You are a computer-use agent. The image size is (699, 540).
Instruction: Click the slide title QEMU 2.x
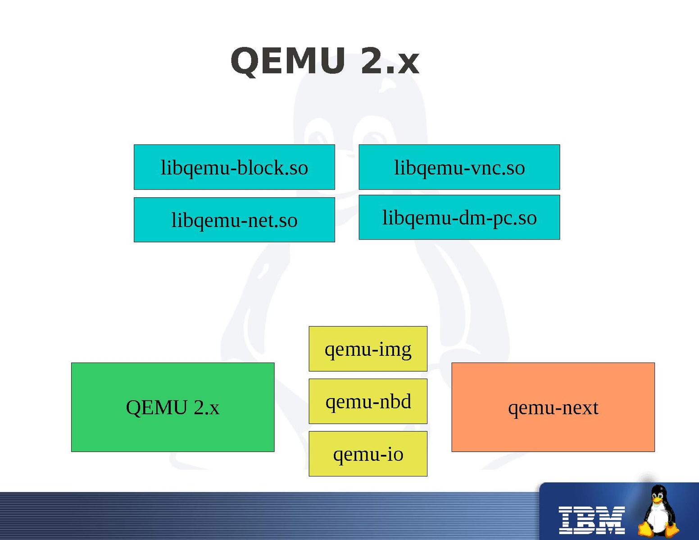click(324, 61)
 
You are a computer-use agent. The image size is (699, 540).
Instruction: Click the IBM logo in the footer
click(591, 520)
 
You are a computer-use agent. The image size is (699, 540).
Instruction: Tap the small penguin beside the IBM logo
click(658, 512)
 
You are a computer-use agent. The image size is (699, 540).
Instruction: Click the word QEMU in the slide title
click(288, 61)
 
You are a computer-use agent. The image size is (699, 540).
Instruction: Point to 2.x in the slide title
click(390, 61)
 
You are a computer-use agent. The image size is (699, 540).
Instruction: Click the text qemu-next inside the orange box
click(553, 408)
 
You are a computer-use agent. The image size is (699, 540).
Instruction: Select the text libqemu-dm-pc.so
click(459, 218)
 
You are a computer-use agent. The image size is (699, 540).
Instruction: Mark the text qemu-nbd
click(368, 402)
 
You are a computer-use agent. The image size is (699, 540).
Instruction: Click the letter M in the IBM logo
click(612, 520)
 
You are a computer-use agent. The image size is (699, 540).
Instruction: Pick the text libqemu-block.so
click(234, 168)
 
